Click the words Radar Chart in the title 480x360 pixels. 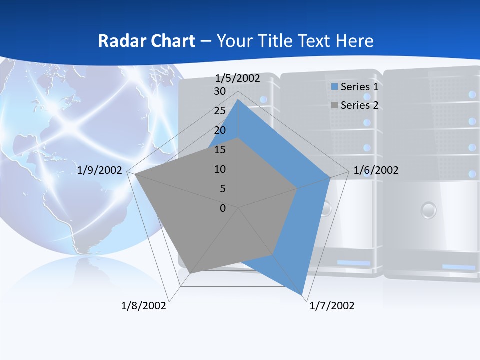click(x=146, y=41)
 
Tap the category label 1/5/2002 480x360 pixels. click(x=237, y=78)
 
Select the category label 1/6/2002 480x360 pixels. click(x=376, y=170)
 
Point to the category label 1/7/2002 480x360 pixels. click(x=332, y=306)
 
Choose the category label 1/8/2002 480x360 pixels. click(x=143, y=306)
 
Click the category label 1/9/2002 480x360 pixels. click(x=100, y=170)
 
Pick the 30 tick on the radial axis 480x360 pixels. click(x=220, y=91)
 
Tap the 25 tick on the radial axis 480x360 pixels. click(x=220, y=111)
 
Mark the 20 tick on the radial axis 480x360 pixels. click(x=220, y=130)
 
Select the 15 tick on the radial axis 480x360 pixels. click(x=220, y=150)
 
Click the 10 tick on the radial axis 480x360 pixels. click(x=220, y=169)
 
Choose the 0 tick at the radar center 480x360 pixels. click(x=223, y=208)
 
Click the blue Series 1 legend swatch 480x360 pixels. click(x=334, y=87)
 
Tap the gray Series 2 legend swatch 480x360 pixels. click(x=334, y=105)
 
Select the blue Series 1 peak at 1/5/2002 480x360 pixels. click(x=238, y=100)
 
